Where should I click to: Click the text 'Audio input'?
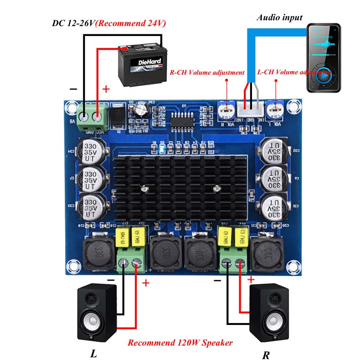click(x=279, y=18)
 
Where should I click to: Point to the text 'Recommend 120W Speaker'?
click(x=180, y=342)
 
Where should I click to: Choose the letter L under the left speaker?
click(x=94, y=353)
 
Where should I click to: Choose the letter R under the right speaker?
click(x=266, y=355)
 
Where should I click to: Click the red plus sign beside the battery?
click(x=106, y=89)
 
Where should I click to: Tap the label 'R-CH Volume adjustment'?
click(x=207, y=72)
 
